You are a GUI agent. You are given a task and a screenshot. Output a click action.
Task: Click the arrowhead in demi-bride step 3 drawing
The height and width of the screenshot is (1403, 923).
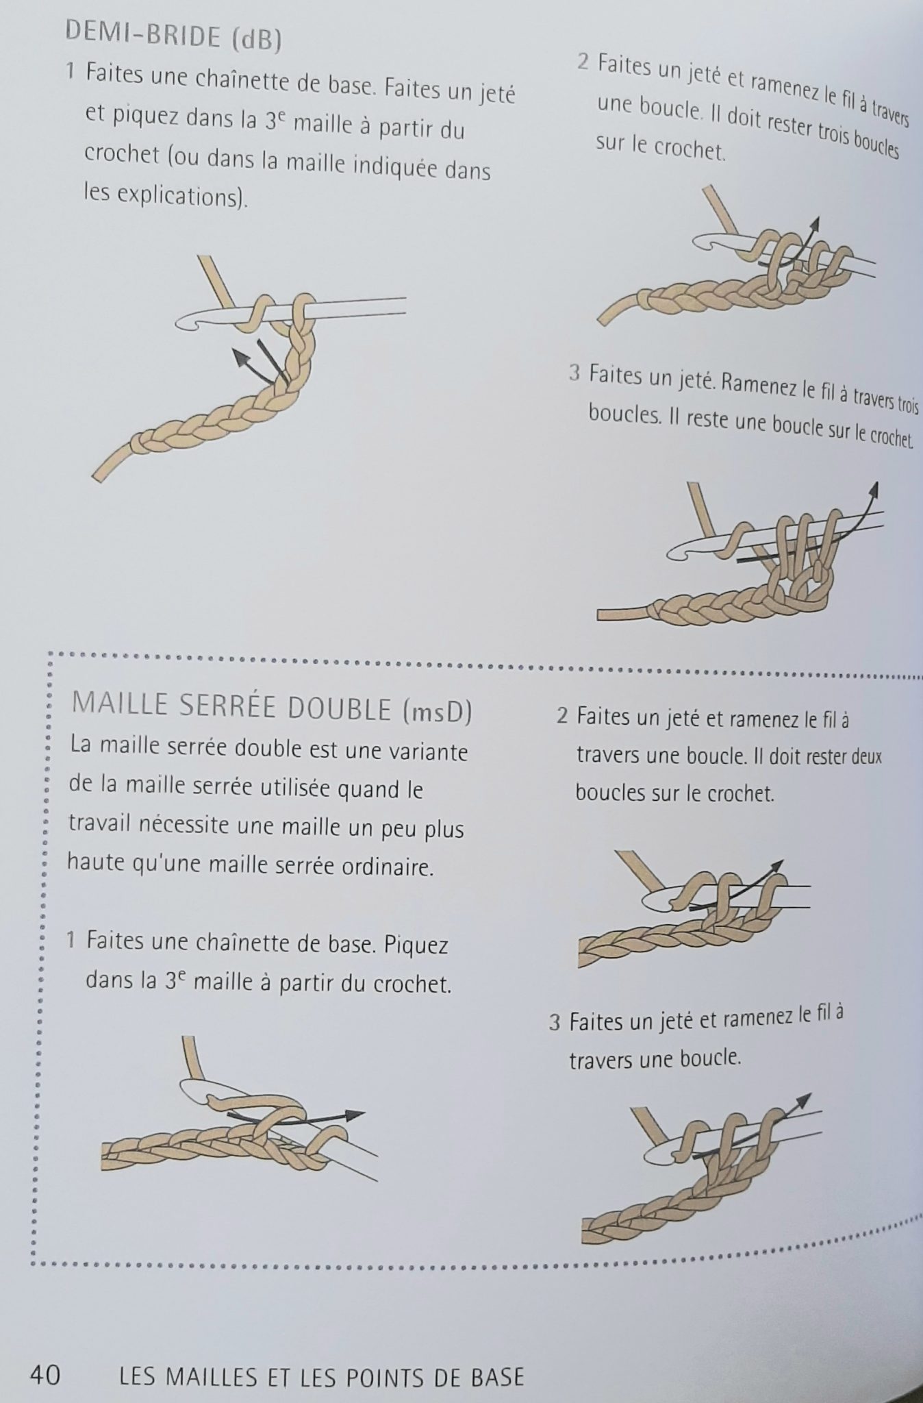[x=874, y=488]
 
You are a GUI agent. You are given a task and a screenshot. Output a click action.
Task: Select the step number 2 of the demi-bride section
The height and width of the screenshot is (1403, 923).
[x=583, y=62]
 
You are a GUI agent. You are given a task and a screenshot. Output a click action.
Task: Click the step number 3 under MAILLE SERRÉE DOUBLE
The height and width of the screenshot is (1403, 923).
[x=555, y=1023]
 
